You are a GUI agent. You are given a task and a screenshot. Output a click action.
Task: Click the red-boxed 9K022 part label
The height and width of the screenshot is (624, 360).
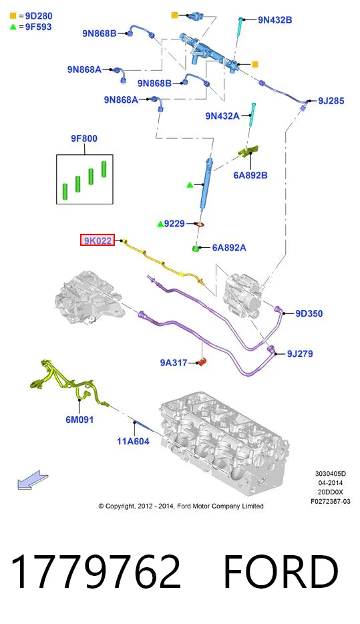(98, 240)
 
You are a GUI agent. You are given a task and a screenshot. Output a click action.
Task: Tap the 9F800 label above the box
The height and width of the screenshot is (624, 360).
(84, 138)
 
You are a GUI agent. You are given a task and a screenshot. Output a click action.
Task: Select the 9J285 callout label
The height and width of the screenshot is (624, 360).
(331, 101)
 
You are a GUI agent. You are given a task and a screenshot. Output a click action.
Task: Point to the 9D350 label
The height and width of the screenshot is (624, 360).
(309, 313)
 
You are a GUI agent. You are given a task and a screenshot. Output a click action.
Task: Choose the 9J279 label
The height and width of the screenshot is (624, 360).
(300, 353)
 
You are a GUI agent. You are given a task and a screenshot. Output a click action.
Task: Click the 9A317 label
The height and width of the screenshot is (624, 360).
(174, 363)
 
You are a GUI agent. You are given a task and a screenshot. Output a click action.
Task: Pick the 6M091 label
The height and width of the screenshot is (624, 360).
(79, 420)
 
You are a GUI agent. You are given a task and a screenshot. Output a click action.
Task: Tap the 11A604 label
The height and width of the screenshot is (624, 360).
(133, 441)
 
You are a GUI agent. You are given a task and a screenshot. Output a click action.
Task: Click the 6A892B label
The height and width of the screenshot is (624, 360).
(250, 175)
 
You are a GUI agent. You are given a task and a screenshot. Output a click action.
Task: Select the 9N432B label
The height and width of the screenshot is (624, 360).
(275, 20)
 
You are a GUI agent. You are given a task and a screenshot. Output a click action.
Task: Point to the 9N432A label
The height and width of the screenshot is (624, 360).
(222, 116)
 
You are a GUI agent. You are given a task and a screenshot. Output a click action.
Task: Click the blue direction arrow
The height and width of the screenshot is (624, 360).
(33, 480)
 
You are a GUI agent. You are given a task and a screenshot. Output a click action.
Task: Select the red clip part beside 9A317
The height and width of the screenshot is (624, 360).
(203, 362)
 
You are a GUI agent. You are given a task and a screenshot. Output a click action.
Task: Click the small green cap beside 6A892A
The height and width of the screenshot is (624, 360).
(196, 249)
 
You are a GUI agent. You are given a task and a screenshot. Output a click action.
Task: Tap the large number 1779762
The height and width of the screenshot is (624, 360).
(96, 571)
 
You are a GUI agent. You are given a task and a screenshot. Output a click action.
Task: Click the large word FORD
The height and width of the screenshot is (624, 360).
(281, 571)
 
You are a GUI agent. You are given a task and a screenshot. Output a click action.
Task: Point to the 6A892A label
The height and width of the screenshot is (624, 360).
(228, 248)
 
